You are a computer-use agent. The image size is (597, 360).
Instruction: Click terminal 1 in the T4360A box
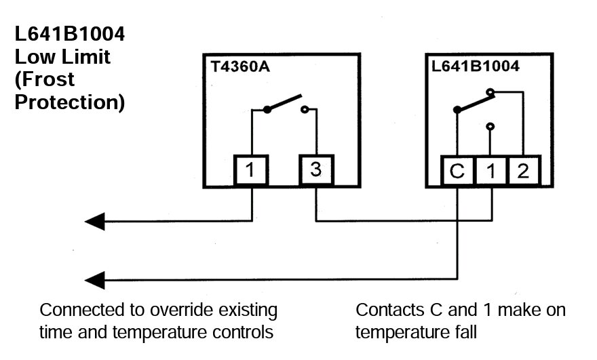tap(251, 171)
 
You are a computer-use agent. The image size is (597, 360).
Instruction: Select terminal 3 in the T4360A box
tap(315, 170)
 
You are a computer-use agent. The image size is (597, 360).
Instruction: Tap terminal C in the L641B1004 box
tap(458, 171)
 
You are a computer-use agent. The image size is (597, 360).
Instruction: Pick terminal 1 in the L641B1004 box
tap(490, 171)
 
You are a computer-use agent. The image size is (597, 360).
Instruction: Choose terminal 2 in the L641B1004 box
tap(522, 171)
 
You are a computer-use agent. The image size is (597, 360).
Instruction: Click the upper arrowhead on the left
tap(95, 221)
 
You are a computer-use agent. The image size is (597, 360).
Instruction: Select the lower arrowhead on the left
tap(95, 278)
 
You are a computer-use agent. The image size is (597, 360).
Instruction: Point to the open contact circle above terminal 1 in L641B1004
tap(490, 125)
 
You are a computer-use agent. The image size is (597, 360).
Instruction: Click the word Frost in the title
tap(44, 79)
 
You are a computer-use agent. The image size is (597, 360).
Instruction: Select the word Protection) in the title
tap(69, 102)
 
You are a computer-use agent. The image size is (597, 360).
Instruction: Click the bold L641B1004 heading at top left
tap(69, 34)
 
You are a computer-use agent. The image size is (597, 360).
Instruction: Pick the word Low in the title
tap(31, 56)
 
